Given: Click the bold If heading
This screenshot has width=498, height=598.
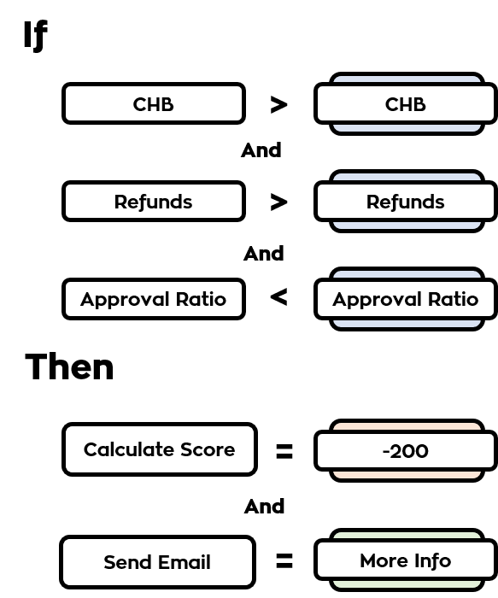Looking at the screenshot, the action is point(36,35).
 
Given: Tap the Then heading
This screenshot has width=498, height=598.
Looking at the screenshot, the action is point(69,366).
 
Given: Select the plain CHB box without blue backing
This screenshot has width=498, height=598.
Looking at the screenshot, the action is point(153,103).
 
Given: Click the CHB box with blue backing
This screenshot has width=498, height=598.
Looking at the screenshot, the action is point(406,103).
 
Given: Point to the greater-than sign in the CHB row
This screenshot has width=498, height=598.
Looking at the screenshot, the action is point(278,104).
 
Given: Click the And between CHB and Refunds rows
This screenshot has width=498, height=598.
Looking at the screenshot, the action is point(261,150).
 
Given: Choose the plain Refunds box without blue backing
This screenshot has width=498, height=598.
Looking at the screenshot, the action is point(153,201).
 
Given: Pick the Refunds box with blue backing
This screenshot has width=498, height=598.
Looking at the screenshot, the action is point(406,201).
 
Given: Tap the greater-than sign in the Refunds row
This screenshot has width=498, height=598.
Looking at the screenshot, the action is point(278,202).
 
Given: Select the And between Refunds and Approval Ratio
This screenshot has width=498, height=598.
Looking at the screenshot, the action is point(264,254).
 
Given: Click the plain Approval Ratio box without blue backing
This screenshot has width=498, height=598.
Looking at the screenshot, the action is point(153,299).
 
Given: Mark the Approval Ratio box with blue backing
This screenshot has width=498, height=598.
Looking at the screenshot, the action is point(406,299).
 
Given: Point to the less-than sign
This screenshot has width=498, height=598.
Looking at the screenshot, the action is point(278,297).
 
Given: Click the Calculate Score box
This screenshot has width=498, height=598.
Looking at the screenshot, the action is point(160,449).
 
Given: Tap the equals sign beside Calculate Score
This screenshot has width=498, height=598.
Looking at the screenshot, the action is point(284,451).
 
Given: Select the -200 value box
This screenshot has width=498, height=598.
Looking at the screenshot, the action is point(406,450).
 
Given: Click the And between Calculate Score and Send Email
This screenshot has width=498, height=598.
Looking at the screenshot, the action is point(264,507).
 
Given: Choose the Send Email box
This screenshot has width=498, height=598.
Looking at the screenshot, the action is point(157,562).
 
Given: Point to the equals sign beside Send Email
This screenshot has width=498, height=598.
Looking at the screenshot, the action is point(284,560).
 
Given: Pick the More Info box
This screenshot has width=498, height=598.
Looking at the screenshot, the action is point(406,560).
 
